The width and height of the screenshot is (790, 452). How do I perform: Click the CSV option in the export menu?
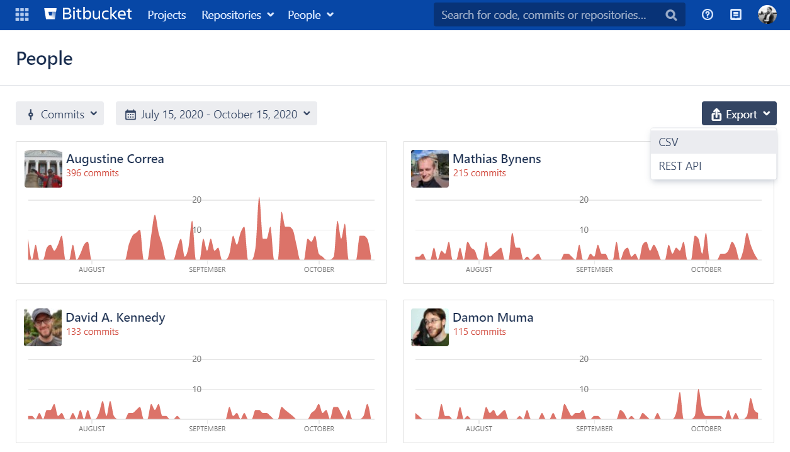pyautogui.click(x=669, y=142)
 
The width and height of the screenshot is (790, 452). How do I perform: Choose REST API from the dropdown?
pyautogui.click(x=680, y=166)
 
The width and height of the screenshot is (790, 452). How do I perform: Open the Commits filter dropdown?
pyautogui.click(x=60, y=114)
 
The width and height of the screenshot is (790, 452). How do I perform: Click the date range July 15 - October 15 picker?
pyautogui.click(x=217, y=114)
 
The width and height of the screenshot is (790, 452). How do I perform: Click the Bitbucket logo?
pyautogui.click(x=88, y=14)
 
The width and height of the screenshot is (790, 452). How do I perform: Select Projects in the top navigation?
pyautogui.click(x=167, y=15)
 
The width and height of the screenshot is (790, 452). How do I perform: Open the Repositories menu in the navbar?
pyautogui.click(x=237, y=15)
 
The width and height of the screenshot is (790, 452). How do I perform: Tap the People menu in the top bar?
pyautogui.click(x=310, y=15)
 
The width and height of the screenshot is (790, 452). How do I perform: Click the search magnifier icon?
pyautogui.click(x=671, y=15)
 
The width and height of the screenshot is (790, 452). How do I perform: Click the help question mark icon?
pyautogui.click(x=708, y=15)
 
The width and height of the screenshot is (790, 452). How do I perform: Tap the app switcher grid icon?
pyautogui.click(x=22, y=14)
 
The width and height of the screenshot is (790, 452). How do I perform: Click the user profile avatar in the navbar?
pyautogui.click(x=767, y=15)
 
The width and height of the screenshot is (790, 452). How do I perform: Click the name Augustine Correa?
pyautogui.click(x=115, y=159)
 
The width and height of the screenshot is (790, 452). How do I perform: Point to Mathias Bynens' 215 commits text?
pyautogui.click(x=479, y=173)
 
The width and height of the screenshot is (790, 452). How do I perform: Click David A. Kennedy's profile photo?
pyautogui.click(x=43, y=327)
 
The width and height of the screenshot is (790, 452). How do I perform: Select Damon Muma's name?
pyautogui.click(x=493, y=317)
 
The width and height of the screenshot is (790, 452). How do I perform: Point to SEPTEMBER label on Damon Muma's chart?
pyautogui.click(x=594, y=429)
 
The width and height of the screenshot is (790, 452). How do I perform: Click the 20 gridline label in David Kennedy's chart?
pyautogui.click(x=196, y=359)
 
